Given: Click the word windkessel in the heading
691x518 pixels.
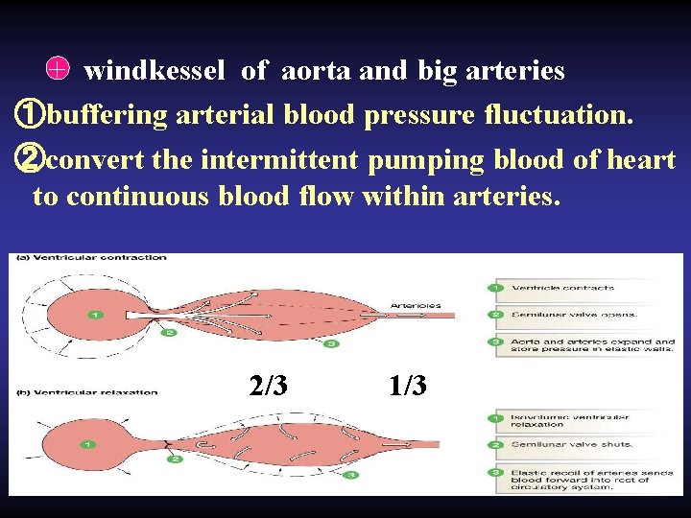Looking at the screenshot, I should [155, 71].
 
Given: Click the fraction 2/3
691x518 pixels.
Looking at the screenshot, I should [268, 386].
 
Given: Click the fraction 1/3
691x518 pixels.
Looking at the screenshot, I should [409, 386].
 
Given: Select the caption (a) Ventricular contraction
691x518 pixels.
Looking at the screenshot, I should [93, 257].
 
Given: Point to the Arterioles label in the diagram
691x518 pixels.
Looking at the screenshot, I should [416, 306].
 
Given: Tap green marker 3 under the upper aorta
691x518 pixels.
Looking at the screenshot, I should [329, 343].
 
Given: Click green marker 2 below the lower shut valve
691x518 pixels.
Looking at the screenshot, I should [176, 459].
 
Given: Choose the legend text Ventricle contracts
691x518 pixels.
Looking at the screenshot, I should [562, 288].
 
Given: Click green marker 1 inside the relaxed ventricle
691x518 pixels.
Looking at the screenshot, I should [87, 444].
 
